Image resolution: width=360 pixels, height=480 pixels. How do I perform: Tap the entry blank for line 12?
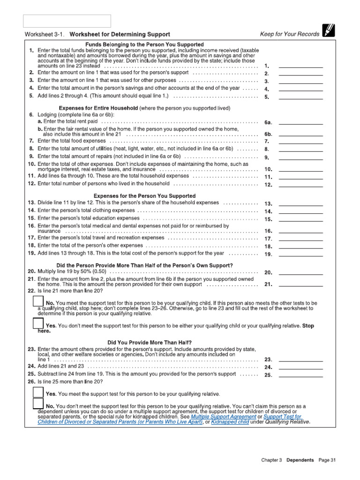click(300, 184)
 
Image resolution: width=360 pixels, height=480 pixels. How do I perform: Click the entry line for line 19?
click(300, 254)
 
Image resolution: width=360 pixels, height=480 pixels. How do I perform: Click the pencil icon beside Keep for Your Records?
click(328, 31)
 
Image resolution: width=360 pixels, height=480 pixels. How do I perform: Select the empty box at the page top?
click(67, 21)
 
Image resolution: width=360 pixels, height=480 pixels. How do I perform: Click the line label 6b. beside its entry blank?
click(268, 134)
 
